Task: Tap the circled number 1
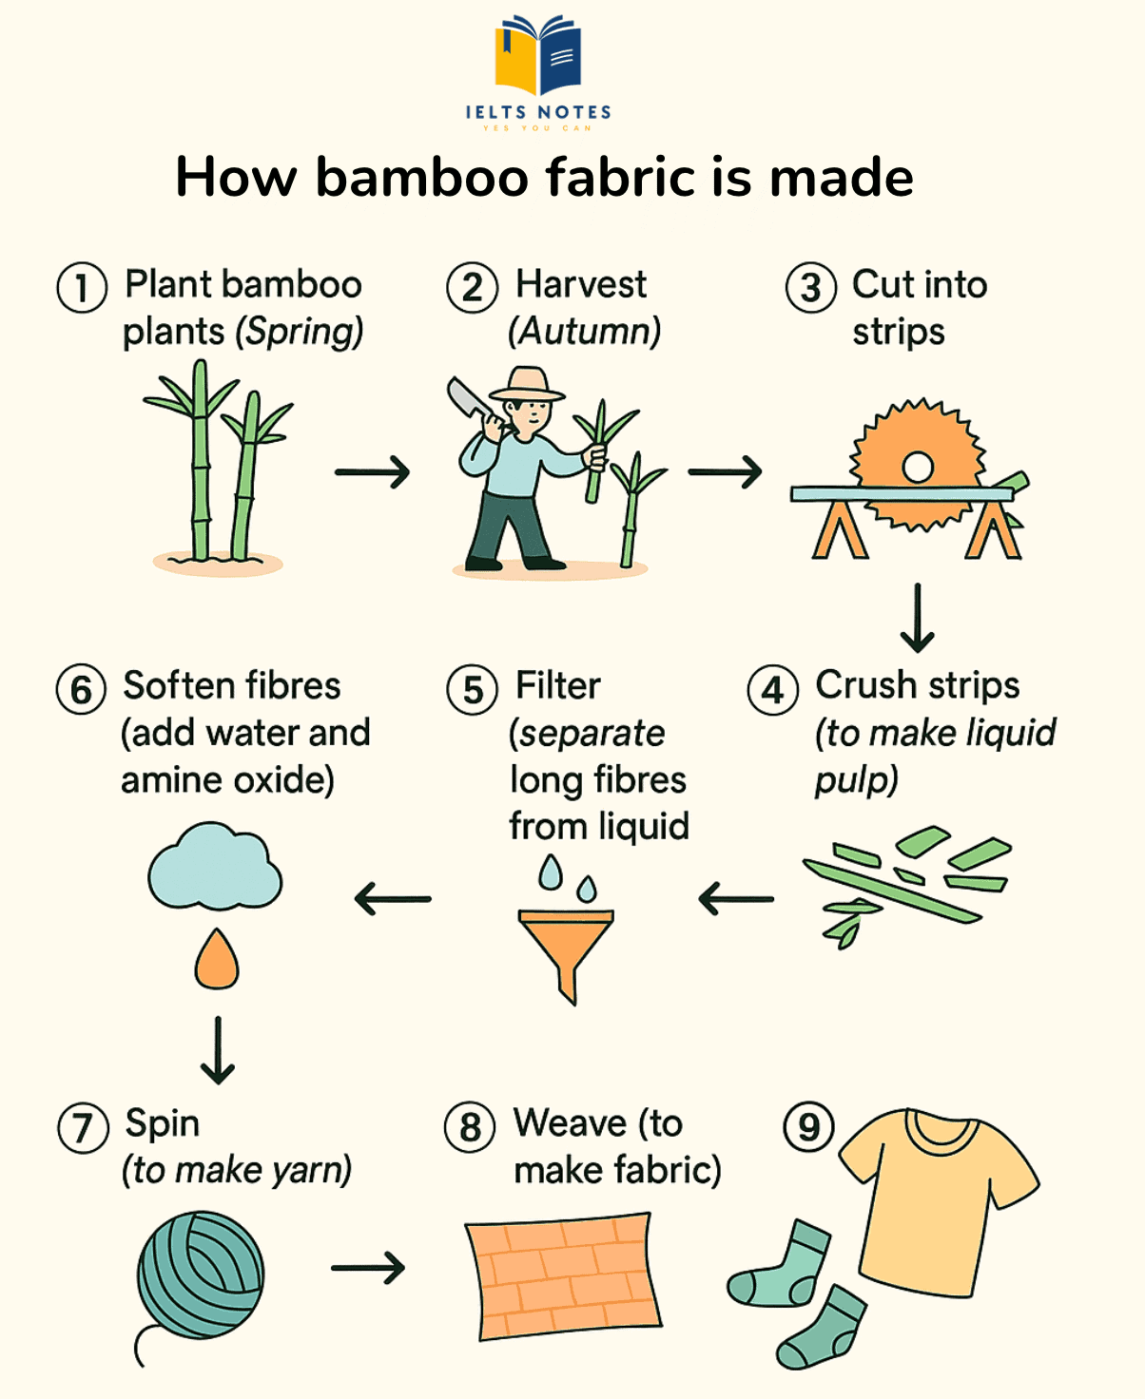point(81,287)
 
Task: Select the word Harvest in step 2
point(580,284)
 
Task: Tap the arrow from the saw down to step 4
point(918,618)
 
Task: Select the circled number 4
point(773,690)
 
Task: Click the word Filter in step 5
point(557,685)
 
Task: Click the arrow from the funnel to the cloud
point(393,898)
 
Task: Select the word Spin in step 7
point(162,1124)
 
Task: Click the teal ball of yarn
point(201,1274)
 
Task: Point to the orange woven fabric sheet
point(563,1274)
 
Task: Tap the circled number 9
point(807,1127)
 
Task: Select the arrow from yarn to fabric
point(368,1267)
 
